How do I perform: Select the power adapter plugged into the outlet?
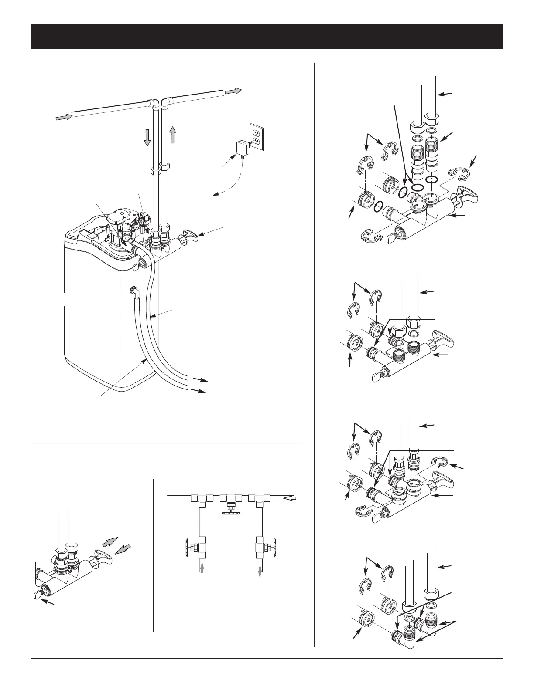click(x=240, y=149)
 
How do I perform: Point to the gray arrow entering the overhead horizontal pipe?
click(x=62, y=117)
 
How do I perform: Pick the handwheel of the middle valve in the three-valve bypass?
click(x=231, y=512)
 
